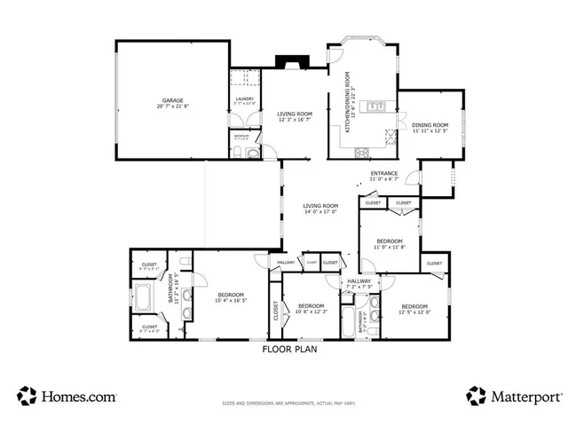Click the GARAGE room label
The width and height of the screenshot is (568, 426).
coord(172,100)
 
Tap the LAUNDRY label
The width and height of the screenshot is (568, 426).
coord(245,99)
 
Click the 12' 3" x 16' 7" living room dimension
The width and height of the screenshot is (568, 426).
coord(295,121)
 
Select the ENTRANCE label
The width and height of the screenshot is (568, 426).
coord(383,173)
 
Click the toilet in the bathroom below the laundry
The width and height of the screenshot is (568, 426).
coord(252,154)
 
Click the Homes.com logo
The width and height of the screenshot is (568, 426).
coord(63,396)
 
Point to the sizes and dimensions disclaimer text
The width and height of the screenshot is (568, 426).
coord(288,404)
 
